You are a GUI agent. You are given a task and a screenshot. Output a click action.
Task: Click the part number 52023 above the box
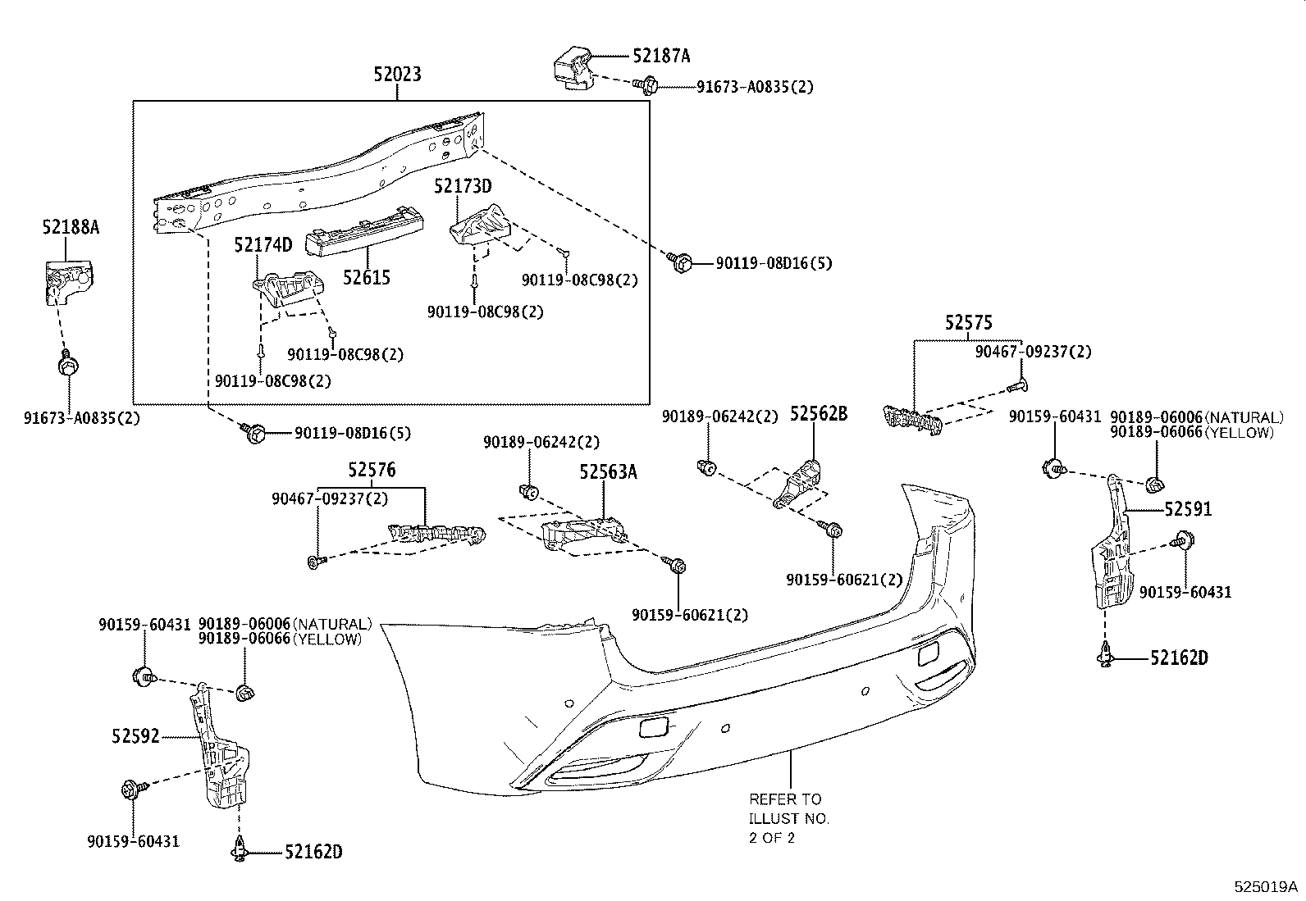[x=397, y=75]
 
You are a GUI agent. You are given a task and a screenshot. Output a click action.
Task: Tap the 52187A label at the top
[x=661, y=56]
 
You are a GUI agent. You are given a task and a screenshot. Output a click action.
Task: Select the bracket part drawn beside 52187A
[x=572, y=69]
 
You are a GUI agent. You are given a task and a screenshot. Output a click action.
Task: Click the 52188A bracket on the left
[x=68, y=280]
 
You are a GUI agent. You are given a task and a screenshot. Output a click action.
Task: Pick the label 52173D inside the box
[x=463, y=187]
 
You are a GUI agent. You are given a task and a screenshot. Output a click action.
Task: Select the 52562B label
[x=818, y=413]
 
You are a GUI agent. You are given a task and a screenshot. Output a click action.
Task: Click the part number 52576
[x=371, y=470]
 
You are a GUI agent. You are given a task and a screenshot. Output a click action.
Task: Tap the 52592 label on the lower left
[x=135, y=736]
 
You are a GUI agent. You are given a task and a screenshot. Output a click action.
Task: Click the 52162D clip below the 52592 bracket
[x=237, y=851]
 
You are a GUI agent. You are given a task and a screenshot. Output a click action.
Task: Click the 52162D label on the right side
[x=1179, y=658]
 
